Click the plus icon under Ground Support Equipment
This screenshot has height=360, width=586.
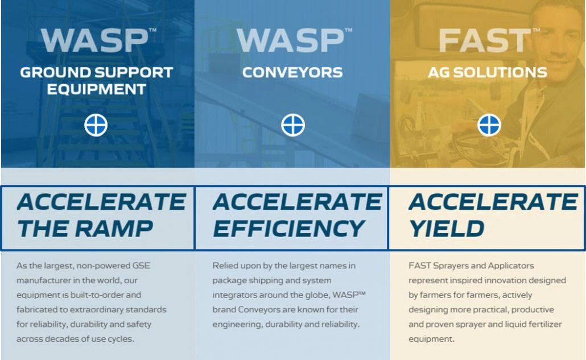[x=96, y=125]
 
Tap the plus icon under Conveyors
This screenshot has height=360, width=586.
[x=293, y=125]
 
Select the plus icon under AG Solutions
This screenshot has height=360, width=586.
[x=489, y=125]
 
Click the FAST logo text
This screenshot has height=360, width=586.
[x=485, y=40]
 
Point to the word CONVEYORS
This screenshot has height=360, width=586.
[x=292, y=72]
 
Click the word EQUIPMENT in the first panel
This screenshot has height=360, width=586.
[x=96, y=89]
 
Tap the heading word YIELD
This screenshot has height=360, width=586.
[x=447, y=229]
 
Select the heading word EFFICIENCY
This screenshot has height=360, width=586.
[x=289, y=229]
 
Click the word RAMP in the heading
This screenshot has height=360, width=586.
[x=114, y=229]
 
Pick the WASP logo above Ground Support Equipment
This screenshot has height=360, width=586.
[x=95, y=40]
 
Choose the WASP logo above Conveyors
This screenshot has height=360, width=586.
[x=291, y=40]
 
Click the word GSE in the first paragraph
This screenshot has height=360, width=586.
[x=141, y=266]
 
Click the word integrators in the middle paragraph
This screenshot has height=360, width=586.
[x=232, y=295]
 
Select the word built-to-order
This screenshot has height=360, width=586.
[x=97, y=295]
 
